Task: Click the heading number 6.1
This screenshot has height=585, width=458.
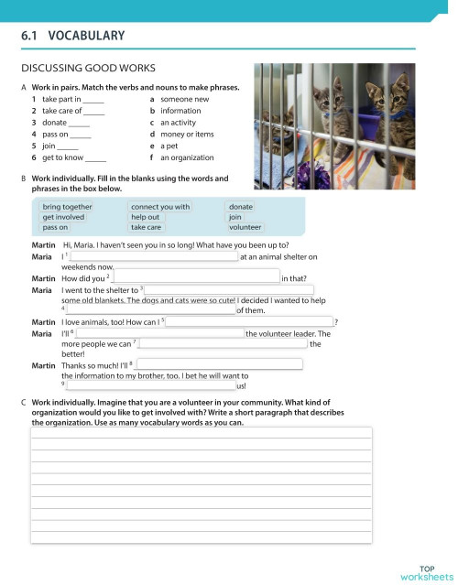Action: (x=31, y=37)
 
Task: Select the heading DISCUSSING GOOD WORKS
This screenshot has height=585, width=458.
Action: (x=89, y=68)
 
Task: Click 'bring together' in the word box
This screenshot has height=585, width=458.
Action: (x=67, y=207)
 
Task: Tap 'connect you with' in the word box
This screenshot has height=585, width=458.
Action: (x=160, y=207)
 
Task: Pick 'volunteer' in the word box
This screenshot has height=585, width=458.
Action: (x=246, y=227)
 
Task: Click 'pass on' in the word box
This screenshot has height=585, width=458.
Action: (x=55, y=227)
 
